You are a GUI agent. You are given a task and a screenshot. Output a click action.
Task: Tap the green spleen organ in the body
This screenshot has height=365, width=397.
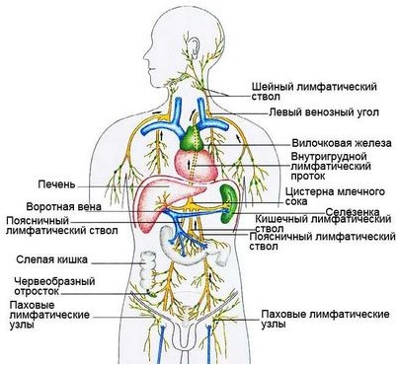229,194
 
